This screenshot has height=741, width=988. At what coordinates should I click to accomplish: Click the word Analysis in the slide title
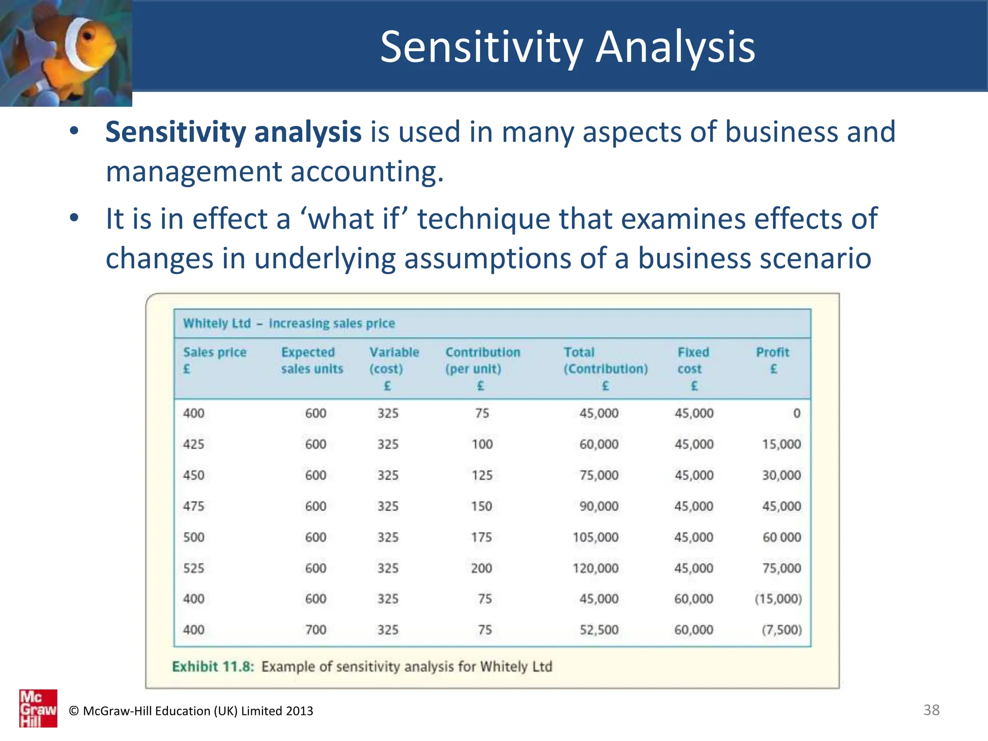point(675,47)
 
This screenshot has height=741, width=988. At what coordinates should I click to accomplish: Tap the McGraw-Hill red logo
point(38,708)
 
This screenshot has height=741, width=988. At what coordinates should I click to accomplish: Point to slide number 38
point(931,710)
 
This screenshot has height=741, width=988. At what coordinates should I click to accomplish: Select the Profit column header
point(772,360)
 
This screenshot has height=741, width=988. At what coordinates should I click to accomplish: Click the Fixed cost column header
point(693,368)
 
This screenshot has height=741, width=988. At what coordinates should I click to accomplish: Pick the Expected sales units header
point(312,360)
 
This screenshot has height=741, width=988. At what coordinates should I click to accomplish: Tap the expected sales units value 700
point(316,630)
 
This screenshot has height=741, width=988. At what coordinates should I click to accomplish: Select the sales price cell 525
point(193,568)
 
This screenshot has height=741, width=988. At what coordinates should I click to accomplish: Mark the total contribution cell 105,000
point(595,537)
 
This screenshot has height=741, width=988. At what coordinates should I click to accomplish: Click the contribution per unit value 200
point(481,568)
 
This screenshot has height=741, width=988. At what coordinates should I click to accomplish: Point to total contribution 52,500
point(599,630)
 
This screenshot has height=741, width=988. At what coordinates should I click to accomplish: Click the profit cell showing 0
point(796,413)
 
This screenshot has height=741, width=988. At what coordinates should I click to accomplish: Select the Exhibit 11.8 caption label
point(213,666)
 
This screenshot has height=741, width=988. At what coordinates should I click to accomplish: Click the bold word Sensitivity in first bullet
point(175,132)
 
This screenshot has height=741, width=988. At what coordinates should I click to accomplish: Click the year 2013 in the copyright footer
point(299,711)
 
